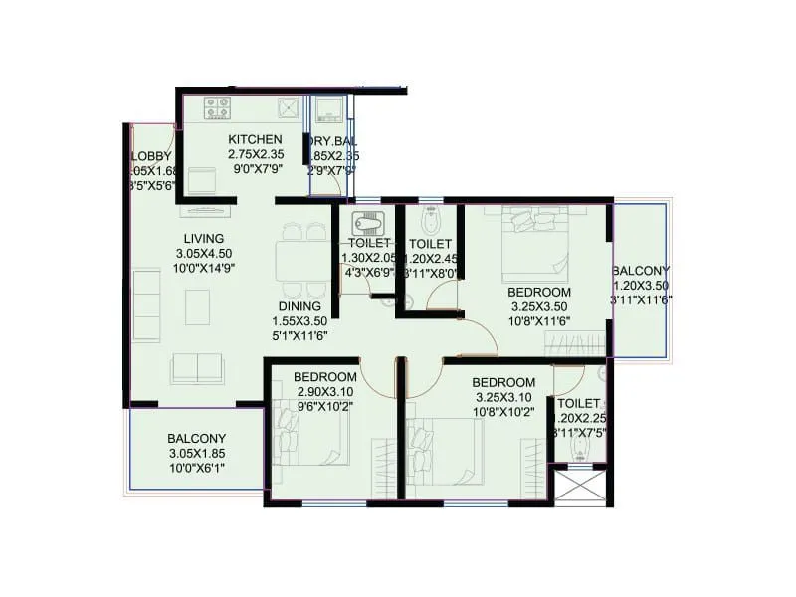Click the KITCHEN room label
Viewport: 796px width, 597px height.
(255, 139)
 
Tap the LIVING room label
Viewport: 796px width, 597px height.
(203, 239)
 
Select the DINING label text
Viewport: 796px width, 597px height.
(299, 306)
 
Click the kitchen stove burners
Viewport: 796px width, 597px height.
(218, 106)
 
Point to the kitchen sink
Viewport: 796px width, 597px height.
(290, 107)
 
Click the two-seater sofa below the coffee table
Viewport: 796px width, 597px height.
(197, 368)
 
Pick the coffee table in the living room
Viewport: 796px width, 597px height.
(198, 305)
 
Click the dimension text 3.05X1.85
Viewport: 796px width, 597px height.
(196, 454)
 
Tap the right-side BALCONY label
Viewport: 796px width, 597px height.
(640, 271)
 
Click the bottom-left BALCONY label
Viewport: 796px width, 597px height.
(196, 438)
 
